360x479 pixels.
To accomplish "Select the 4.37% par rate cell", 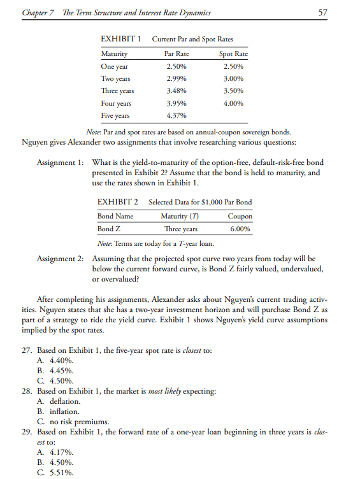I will (176, 116).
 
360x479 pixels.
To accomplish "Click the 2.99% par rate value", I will (176, 78).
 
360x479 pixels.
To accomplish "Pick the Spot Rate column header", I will (233, 54).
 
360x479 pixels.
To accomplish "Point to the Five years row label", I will (115, 116).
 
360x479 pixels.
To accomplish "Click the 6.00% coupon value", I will (241, 229).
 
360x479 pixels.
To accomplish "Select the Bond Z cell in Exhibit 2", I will (106, 229).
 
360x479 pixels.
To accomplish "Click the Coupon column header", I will (240, 217).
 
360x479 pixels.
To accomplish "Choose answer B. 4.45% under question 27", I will (55, 370).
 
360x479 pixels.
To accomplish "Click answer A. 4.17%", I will (55, 452).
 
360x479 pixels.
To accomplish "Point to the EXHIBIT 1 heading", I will (122, 40).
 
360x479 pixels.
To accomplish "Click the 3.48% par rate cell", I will (176, 91).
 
